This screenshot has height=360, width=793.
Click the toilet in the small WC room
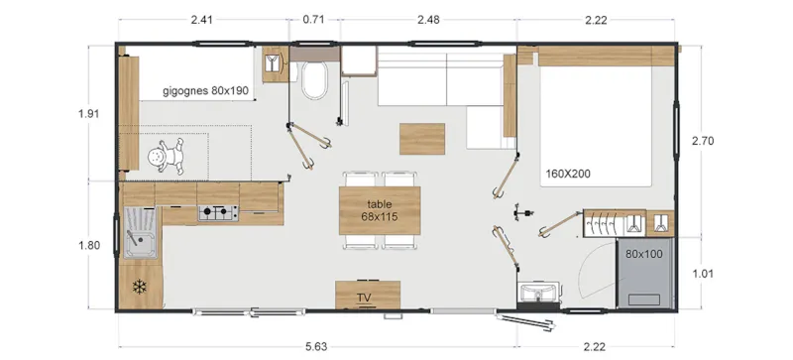click(315, 82)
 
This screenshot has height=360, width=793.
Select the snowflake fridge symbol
click(139, 287)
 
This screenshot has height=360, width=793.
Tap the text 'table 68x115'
click(380, 209)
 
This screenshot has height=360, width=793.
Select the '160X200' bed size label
click(567, 175)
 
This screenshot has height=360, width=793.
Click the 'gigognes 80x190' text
click(206, 90)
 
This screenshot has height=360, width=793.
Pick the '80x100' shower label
click(643, 253)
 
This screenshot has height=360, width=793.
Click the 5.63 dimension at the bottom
click(316, 346)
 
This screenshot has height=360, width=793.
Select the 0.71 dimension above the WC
click(313, 18)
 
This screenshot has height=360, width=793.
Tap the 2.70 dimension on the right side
click(703, 141)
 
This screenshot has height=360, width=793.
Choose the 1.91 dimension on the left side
click(88, 113)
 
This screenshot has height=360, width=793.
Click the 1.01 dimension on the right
click(703, 274)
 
